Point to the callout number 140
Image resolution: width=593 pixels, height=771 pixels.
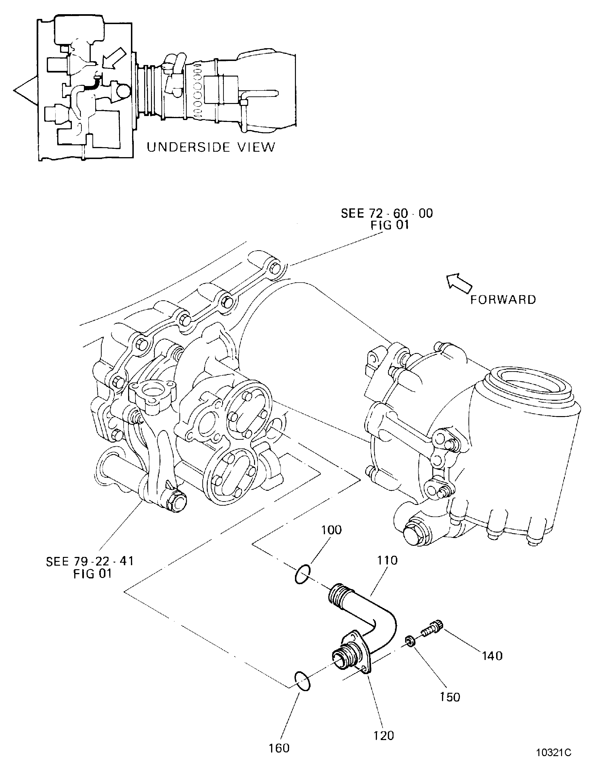pyautogui.click(x=492, y=656)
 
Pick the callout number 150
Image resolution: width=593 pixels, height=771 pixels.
pyautogui.click(x=450, y=697)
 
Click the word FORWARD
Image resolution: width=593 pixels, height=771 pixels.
pyautogui.click(x=503, y=300)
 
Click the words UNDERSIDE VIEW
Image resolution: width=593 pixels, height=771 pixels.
pyautogui.click(x=211, y=147)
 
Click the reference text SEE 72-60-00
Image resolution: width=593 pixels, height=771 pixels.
pyautogui.click(x=386, y=213)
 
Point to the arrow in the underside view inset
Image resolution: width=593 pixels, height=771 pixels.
pyautogui.click(x=114, y=57)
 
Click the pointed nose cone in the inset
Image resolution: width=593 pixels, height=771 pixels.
pyautogui.click(x=25, y=91)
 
